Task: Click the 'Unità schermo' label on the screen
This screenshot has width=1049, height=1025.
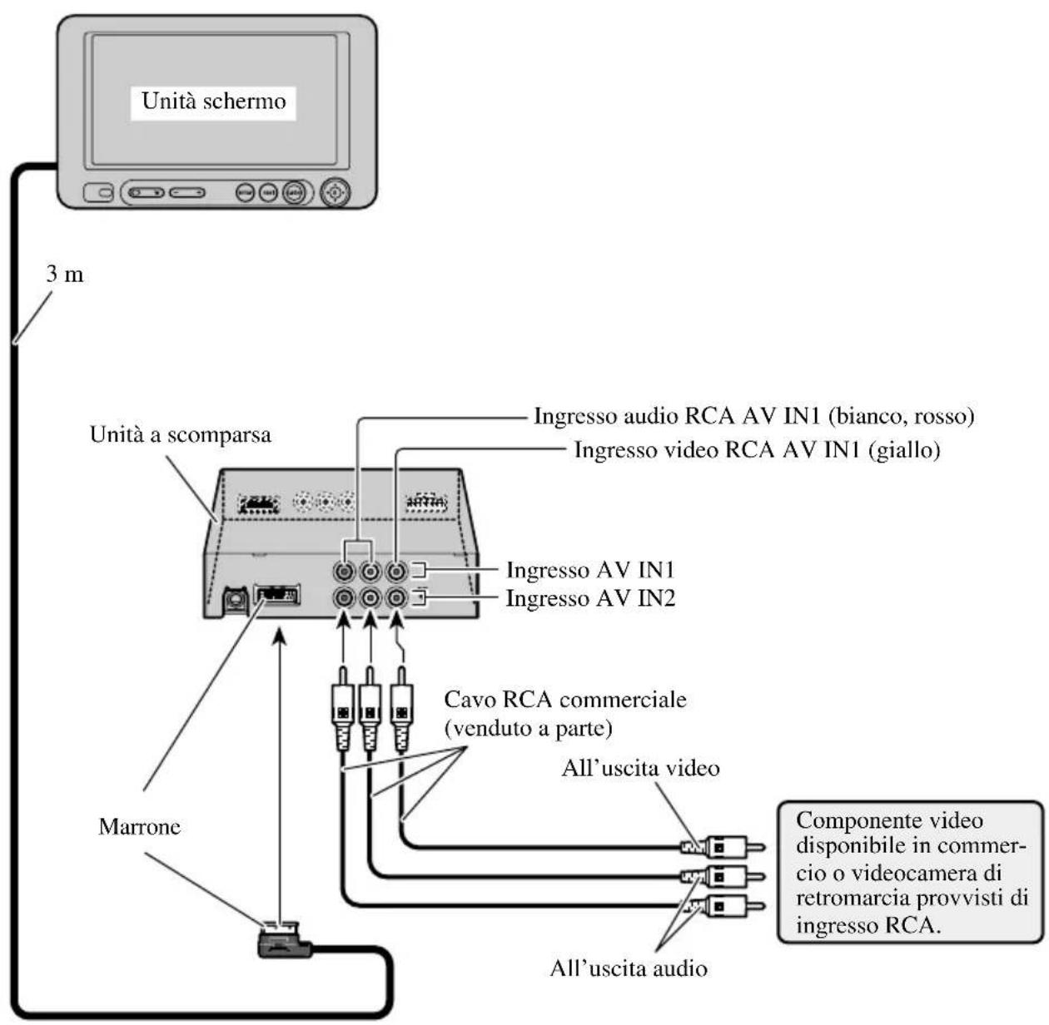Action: pyautogui.click(x=214, y=102)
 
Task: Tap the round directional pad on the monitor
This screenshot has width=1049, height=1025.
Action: pyautogui.click(x=336, y=193)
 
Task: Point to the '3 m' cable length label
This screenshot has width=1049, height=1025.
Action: pyautogui.click(x=65, y=275)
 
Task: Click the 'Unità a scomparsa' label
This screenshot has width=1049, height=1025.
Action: pyautogui.click(x=181, y=435)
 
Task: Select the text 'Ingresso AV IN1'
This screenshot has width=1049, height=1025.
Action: pyautogui.click(x=590, y=570)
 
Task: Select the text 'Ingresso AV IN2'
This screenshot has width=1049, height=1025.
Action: pyautogui.click(x=590, y=598)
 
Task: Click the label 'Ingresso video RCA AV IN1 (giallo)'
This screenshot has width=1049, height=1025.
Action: pyautogui.click(x=757, y=450)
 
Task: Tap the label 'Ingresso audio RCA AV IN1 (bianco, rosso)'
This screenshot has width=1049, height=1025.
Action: pyautogui.click(x=753, y=415)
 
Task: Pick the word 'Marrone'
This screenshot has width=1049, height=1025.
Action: pyautogui.click(x=140, y=826)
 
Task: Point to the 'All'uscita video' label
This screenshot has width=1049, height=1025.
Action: pyautogui.click(x=640, y=767)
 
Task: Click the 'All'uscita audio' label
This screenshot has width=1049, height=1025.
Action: pyautogui.click(x=629, y=968)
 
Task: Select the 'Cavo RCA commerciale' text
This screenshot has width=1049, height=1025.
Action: pyautogui.click(x=565, y=699)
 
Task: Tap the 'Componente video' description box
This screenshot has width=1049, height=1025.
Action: pyautogui.click(x=910, y=872)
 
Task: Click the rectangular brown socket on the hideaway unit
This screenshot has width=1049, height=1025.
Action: pyautogui.click(x=276, y=595)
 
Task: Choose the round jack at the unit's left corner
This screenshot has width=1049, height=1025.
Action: pyautogui.click(x=234, y=597)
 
